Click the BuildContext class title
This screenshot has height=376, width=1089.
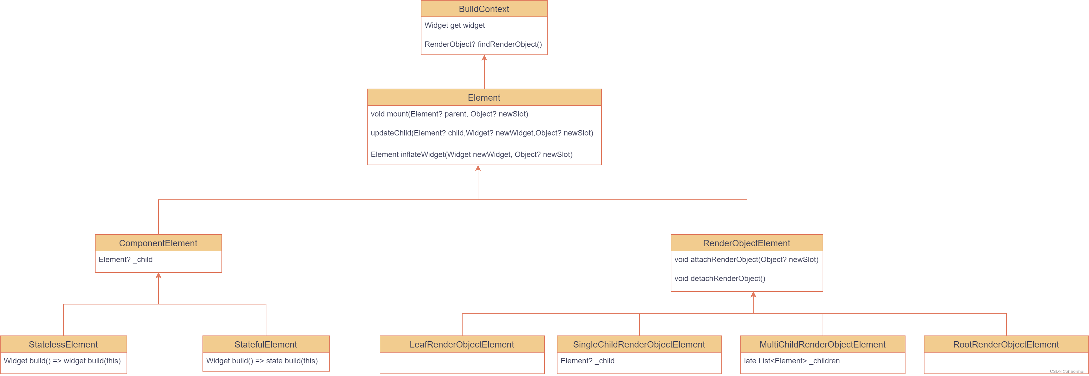click(x=484, y=9)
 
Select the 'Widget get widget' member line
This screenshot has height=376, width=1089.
click(x=454, y=25)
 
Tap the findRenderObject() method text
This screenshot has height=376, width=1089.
click(x=483, y=44)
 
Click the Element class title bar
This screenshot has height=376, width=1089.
click(x=484, y=98)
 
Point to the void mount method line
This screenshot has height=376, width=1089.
click(x=449, y=114)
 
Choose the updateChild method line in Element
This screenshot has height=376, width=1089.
click(x=482, y=133)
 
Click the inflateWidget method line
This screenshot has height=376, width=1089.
click(x=471, y=155)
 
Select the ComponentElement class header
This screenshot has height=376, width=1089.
click(x=158, y=243)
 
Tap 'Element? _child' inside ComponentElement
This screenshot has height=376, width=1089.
click(x=126, y=260)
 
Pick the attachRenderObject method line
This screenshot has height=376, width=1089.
click(x=746, y=260)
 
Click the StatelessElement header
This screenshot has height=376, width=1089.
click(x=63, y=345)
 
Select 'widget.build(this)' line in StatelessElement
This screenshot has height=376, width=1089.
click(x=62, y=361)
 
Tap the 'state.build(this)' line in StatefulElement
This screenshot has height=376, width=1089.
click(x=262, y=361)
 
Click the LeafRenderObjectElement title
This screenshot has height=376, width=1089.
click(x=462, y=345)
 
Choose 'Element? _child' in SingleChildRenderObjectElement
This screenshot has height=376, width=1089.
click(x=587, y=361)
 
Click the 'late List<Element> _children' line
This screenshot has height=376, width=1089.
click(x=791, y=361)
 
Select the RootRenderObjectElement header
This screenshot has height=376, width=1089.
click(x=1006, y=345)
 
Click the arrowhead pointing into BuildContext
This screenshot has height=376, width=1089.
click(x=484, y=58)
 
